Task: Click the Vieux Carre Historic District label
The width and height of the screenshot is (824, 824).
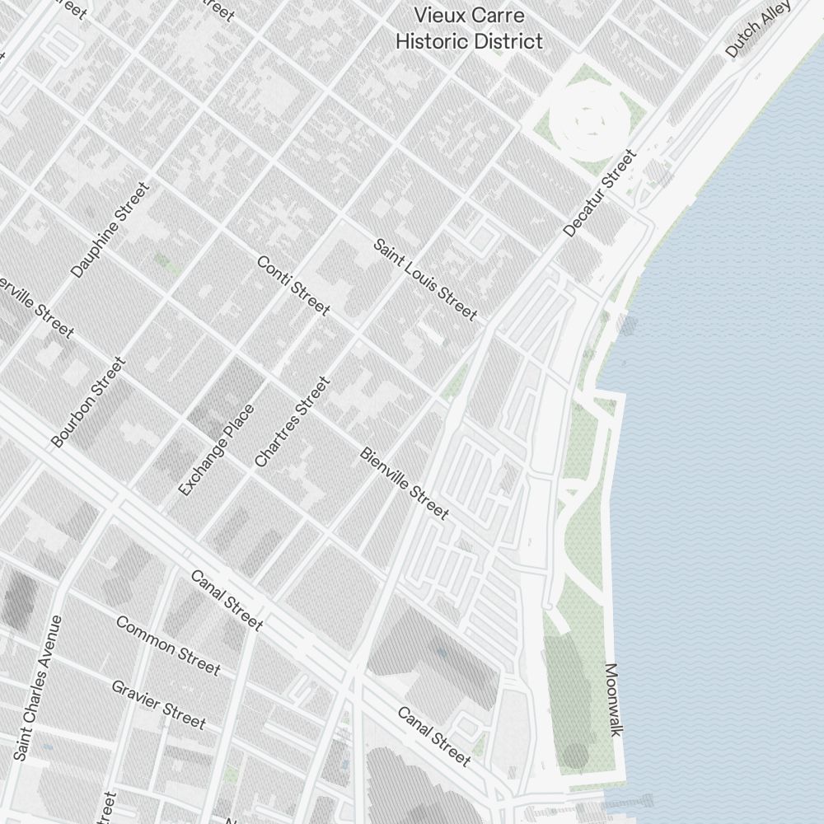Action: [469, 28]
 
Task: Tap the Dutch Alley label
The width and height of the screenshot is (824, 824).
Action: [758, 29]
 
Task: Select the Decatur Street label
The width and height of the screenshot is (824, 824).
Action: [601, 193]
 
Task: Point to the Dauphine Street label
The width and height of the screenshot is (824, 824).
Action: [110, 230]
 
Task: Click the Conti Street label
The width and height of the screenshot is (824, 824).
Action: [293, 285]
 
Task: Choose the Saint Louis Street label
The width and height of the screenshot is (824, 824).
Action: [425, 279]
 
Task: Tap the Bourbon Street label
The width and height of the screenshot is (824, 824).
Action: [89, 401]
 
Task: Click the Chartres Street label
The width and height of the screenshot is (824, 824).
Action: [293, 422]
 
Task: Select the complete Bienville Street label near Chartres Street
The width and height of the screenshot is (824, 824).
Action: [405, 484]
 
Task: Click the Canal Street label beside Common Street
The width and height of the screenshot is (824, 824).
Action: [227, 600]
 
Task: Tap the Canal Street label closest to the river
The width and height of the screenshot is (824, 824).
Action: [434, 736]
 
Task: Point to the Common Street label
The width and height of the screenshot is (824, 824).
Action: [168, 645]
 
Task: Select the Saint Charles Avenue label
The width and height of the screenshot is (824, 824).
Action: [38, 687]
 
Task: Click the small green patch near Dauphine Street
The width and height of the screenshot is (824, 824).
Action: [166, 263]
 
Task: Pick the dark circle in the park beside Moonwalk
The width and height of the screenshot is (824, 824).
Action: [575, 754]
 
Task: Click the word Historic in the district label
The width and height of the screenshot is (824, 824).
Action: [431, 40]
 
